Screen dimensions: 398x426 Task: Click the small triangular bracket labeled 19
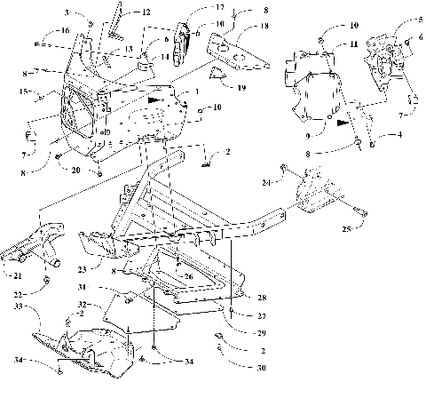216,78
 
